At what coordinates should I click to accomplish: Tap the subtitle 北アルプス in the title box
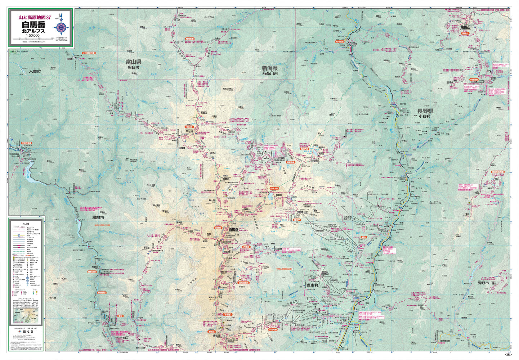[x=33, y=31]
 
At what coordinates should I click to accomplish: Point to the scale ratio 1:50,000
[x=33, y=36]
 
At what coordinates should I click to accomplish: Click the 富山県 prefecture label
[x=133, y=62]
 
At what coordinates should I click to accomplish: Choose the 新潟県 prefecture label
[x=269, y=68]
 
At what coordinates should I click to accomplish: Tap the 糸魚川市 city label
[x=270, y=73]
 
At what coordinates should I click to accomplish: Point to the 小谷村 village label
[x=425, y=116]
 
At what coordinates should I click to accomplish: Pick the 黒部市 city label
[x=98, y=218]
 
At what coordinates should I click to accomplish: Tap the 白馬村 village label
[x=313, y=285]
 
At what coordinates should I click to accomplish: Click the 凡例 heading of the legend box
[x=26, y=224]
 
